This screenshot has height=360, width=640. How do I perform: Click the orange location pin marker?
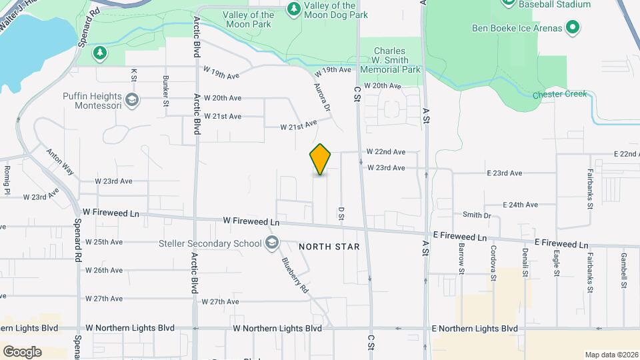320,159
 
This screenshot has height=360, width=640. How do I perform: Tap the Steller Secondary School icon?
271,243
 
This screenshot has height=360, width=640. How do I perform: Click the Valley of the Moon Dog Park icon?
293,9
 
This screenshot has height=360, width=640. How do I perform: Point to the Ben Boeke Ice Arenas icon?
572,27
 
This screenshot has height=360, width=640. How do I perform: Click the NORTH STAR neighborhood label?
329,247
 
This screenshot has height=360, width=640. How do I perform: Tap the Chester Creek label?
560,94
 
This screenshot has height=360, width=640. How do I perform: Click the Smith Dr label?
477,215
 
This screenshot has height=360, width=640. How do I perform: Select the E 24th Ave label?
520,205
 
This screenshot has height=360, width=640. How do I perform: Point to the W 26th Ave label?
103,270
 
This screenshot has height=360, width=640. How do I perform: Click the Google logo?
22,351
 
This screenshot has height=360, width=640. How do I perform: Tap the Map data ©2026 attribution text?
611,355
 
